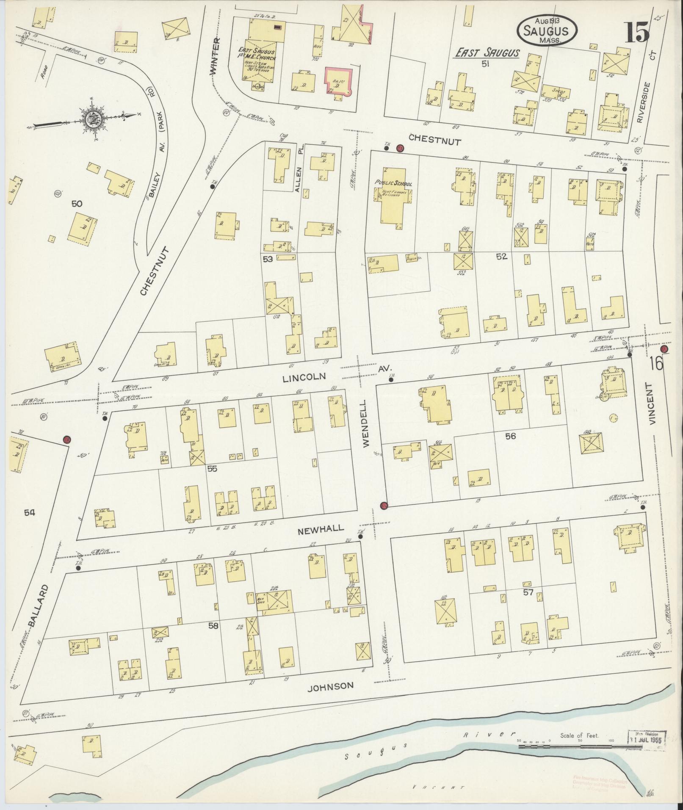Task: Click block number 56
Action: (510, 436)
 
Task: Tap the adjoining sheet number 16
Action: (655, 363)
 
